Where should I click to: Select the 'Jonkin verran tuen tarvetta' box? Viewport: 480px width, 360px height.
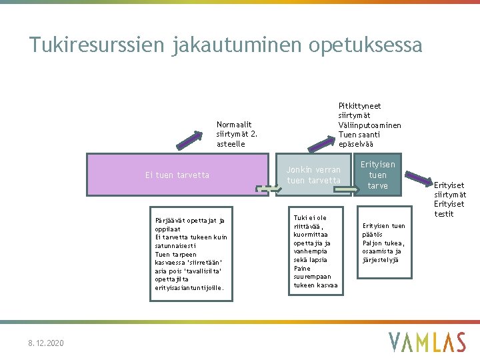pos(313,175)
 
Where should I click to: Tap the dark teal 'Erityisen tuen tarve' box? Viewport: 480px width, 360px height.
pos(377,175)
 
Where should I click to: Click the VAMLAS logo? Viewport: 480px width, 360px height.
pos(427,342)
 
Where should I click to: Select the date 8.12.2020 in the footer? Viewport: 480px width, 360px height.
pos(46,343)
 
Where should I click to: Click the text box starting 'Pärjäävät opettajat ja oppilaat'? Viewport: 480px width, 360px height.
pos(191,254)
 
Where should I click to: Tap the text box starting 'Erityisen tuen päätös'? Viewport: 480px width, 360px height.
pos(383,243)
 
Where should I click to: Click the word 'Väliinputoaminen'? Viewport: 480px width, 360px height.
pos(370,125)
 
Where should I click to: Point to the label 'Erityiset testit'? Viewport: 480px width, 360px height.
pos(449,209)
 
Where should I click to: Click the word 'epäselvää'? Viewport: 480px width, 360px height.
pos(356,144)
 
